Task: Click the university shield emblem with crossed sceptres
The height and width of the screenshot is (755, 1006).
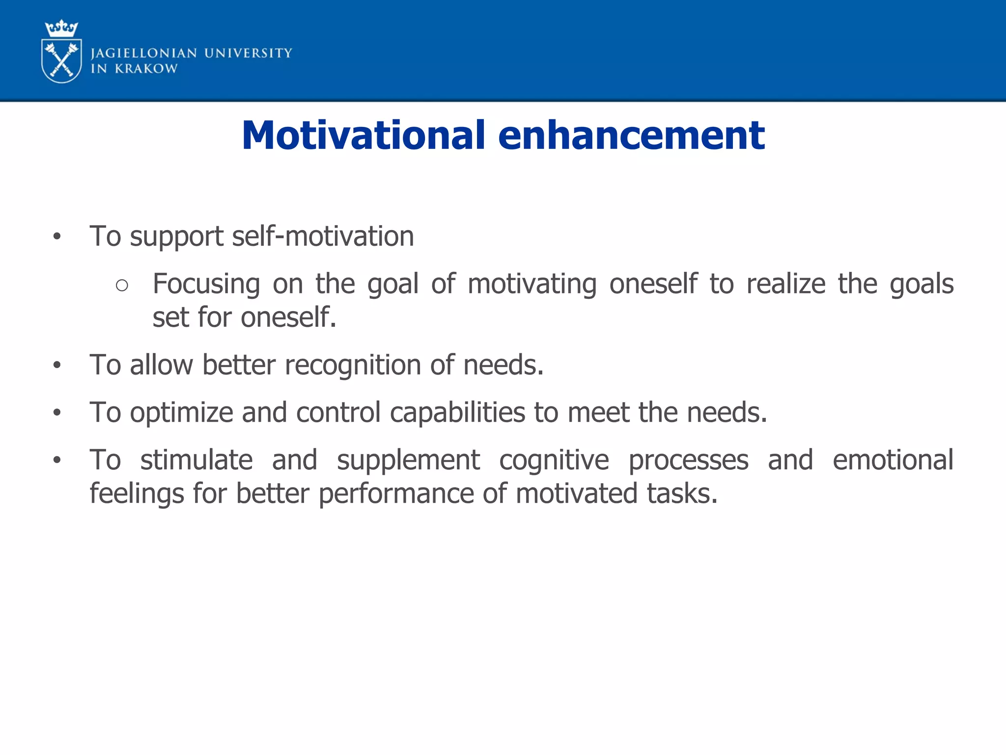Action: coord(61,61)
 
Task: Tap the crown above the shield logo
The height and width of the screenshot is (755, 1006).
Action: coord(61,29)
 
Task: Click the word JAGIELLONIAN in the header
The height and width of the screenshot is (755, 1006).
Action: coord(144,53)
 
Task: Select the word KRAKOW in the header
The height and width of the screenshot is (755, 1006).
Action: coord(146,69)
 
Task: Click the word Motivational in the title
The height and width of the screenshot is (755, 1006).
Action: coord(363,135)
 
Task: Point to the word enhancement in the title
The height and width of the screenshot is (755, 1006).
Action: coord(631,135)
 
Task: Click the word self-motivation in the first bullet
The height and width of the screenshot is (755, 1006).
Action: coord(323,236)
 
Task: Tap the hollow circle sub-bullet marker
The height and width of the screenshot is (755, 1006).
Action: coord(122,285)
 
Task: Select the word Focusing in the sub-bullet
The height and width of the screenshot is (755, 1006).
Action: coord(206,284)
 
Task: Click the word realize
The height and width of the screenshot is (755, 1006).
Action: coord(786,284)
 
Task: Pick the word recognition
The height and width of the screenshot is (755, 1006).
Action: coord(352,365)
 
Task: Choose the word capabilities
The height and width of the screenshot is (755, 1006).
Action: coord(457,412)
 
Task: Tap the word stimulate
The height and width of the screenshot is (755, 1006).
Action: coord(196,460)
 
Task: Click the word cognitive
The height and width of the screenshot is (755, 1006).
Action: coord(554,460)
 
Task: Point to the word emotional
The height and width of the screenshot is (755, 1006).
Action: coord(893,460)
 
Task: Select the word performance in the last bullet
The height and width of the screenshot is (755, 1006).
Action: coord(396,494)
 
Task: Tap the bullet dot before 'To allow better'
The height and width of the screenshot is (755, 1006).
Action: coord(57,365)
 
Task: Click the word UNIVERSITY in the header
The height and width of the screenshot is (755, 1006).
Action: coord(248,53)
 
